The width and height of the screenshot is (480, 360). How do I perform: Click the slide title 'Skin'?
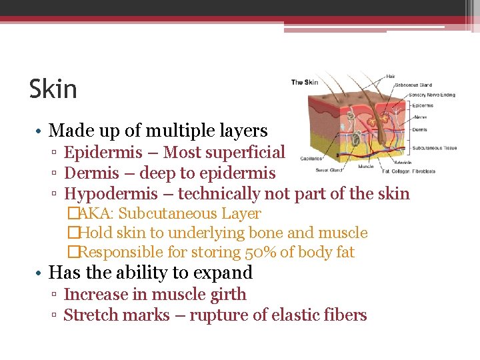point(53,89)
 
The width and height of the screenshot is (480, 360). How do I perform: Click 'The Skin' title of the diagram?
point(305,83)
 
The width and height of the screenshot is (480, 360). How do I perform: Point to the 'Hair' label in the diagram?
point(391,76)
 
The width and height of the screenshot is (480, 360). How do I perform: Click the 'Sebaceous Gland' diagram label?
point(413,85)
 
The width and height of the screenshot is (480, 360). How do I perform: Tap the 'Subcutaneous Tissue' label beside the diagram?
point(434,148)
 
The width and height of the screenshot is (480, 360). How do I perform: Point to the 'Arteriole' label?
point(403,162)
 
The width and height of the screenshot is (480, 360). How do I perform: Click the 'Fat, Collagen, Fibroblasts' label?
point(409,171)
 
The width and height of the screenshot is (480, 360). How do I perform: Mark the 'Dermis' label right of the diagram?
point(419,129)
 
